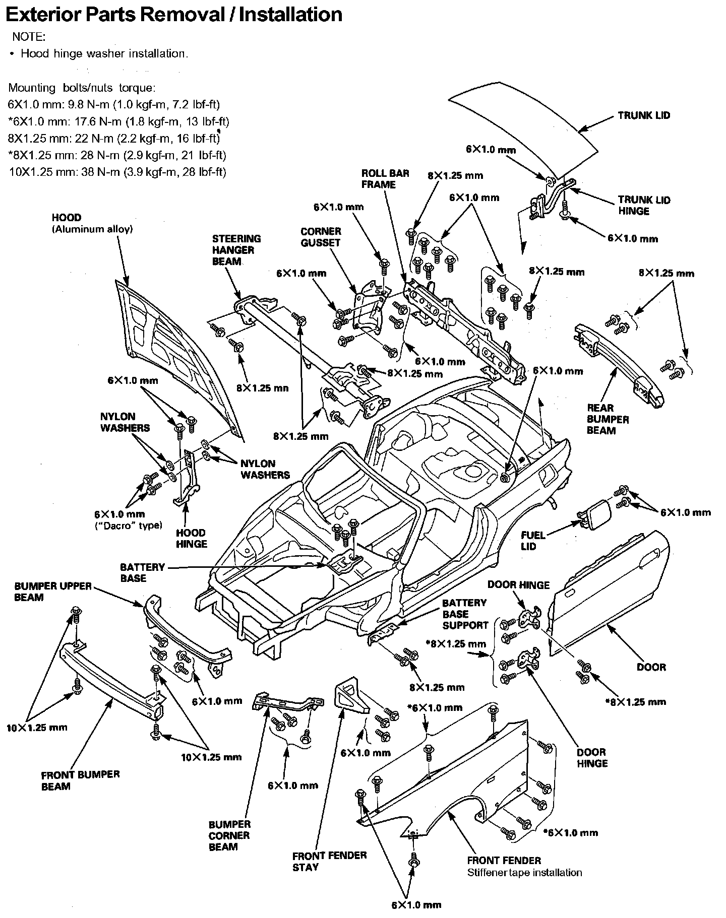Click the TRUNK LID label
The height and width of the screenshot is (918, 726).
(644, 115)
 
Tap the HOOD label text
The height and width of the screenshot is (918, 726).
(67, 218)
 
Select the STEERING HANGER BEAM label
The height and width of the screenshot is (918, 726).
(236, 250)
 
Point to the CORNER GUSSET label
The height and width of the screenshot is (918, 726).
(321, 237)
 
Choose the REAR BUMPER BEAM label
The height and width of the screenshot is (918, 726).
(608, 419)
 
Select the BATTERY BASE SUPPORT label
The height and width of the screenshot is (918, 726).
(465, 614)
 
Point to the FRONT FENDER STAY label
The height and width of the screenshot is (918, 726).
(330, 861)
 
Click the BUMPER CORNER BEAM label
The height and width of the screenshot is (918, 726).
(229, 835)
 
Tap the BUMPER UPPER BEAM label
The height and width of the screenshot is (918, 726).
(53, 592)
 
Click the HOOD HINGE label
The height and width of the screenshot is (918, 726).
(192, 538)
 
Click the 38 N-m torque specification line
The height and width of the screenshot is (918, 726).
(117, 172)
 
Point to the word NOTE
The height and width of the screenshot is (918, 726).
(28, 37)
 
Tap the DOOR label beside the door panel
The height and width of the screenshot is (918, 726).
(651, 667)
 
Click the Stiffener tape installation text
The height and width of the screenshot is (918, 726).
(524, 872)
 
